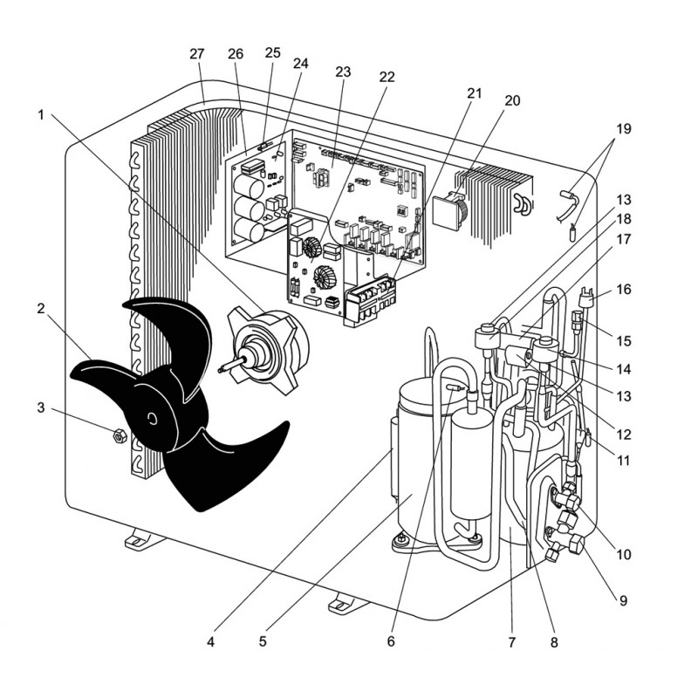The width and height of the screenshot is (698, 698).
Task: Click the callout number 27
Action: point(196,54)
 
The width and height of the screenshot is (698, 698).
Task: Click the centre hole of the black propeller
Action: point(154,420)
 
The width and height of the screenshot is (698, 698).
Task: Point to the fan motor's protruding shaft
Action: point(234,366)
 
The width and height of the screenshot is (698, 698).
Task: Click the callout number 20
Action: point(512,100)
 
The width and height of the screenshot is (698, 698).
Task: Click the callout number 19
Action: point(621,129)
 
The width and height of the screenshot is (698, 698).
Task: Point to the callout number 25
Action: point(272,53)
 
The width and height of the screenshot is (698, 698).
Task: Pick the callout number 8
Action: point(553,642)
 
